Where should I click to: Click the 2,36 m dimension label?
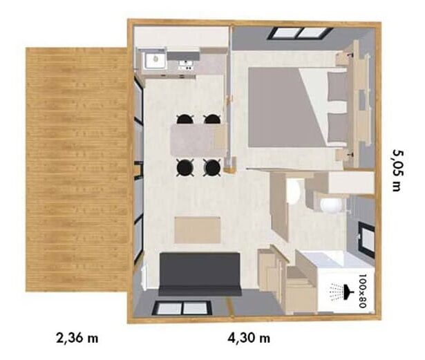tap(77, 338)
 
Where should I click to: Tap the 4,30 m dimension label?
tap(249, 338)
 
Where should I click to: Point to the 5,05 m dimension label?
tap(397, 171)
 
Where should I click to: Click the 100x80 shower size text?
tap(362, 291)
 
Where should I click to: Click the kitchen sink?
tap(155, 60)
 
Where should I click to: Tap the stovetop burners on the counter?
tap(186, 66)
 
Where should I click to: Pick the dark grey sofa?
tap(200, 274)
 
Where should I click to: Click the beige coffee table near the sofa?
tap(198, 230)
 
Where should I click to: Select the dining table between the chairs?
tap(198, 140)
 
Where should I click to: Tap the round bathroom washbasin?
tap(330, 205)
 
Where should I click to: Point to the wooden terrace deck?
tap(77, 169)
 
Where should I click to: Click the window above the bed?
tap(301, 33)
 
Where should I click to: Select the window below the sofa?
tap(182, 308)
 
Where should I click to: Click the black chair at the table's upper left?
tap(185, 119)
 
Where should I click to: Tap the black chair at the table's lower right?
tap(212, 167)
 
